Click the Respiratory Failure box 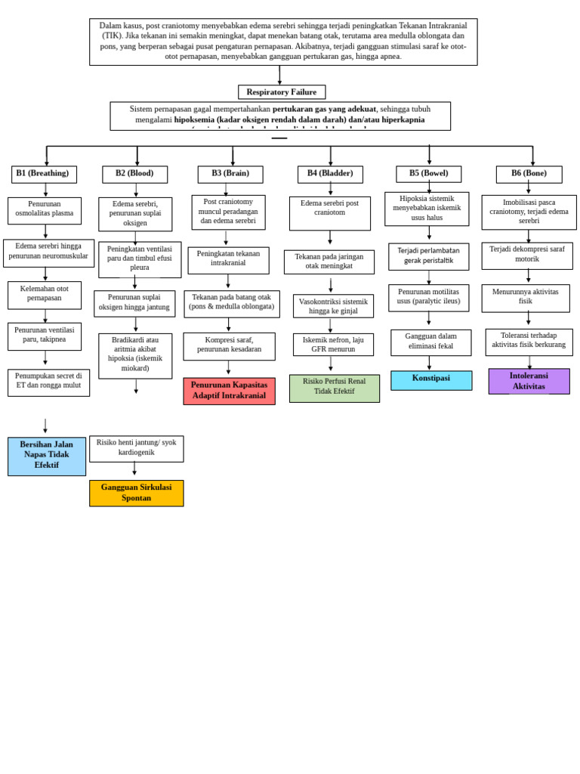[282, 92]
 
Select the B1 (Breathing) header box [44, 174]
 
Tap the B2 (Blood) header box [134, 174]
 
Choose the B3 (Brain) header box [230, 174]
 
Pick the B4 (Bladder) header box [330, 174]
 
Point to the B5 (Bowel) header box [428, 174]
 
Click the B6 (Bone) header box [529, 174]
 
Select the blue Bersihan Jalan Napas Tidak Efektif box [47, 456]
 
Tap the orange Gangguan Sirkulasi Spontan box [136, 493]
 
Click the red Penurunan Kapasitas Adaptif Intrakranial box [229, 391]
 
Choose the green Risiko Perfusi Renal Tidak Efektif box [334, 388]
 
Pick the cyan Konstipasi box [431, 379]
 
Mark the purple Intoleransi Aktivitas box [529, 381]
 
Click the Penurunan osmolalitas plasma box [45, 210]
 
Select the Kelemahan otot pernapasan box [45, 295]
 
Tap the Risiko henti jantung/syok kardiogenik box [136, 448]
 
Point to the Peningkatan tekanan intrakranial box [228, 260]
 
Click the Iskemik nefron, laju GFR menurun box [333, 345]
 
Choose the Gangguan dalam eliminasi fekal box [430, 342]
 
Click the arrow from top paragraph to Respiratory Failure [279, 76]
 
